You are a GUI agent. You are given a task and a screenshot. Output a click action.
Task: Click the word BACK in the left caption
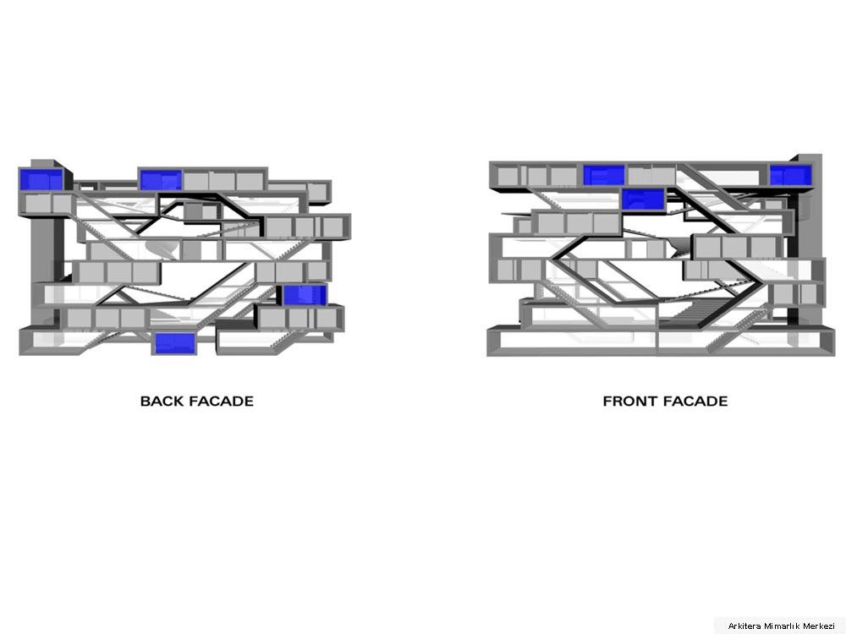(162, 401)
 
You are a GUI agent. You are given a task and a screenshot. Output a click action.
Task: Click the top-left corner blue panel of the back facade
(41, 179)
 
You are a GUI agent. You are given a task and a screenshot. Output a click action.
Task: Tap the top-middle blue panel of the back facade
(160, 180)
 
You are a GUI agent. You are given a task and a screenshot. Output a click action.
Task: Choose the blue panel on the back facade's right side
(305, 295)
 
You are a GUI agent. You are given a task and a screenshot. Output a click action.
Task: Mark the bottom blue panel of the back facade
(175, 343)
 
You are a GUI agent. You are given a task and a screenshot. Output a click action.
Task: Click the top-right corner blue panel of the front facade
(790, 176)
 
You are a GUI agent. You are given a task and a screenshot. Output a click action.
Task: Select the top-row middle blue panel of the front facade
(604, 175)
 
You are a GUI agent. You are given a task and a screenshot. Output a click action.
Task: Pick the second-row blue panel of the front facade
(643, 199)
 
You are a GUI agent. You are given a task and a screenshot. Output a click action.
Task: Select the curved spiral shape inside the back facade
(161, 249)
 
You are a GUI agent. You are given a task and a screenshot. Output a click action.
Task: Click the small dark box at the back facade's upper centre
(193, 211)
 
